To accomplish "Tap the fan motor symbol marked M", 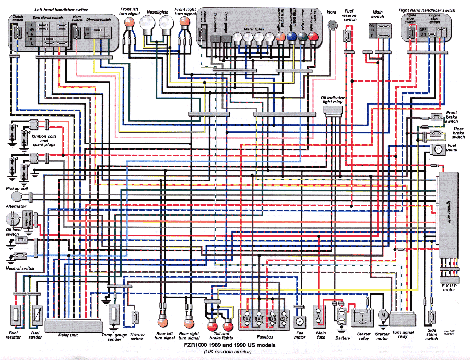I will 300,320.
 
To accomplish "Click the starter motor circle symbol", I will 383,315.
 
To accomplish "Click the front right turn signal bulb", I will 184,21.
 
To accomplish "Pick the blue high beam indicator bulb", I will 292,37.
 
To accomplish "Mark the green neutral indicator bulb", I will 303,37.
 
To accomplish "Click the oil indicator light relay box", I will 332,117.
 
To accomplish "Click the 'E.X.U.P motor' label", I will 449,287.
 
